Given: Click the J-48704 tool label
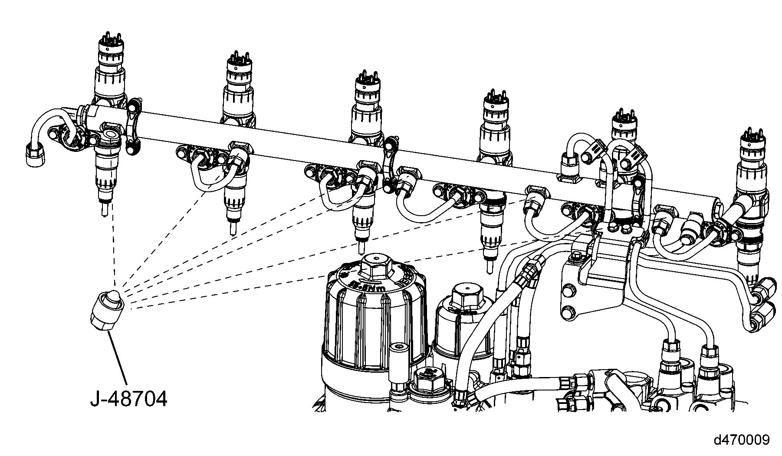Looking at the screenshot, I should pyautogui.click(x=128, y=398).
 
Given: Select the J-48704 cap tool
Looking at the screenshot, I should pyautogui.click(x=107, y=310).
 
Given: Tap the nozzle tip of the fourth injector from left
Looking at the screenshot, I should pyautogui.click(x=490, y=264).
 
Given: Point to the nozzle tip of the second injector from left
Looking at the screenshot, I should pyautogui.click(x=232, y=227).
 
